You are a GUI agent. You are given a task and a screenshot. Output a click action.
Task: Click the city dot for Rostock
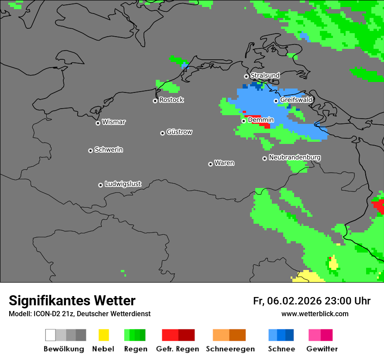coord(155,101)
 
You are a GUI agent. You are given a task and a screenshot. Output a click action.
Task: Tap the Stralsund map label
coord(265,75)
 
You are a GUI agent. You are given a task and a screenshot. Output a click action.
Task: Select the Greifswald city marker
coord(276,101)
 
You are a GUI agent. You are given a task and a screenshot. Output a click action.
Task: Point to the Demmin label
coord(261,120)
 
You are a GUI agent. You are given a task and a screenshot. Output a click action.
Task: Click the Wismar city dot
coord(98,123)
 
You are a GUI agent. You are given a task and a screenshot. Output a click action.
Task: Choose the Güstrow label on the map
coord(179,132)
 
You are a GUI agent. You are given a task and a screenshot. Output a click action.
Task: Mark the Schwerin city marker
coord(90,150)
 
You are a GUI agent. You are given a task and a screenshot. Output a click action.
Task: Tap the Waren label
coord(224,163)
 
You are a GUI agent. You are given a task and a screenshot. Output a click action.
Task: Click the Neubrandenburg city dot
coord(264,158)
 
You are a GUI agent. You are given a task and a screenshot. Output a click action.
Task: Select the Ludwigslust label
coord(123,184)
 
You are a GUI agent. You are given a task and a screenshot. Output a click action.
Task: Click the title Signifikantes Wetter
coord(72,301)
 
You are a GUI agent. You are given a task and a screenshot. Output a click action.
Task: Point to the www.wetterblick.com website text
coord(315,314)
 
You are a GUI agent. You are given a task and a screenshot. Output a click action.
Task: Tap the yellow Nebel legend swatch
coord(103,335)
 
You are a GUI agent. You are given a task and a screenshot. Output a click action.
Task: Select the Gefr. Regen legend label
coord(178,349)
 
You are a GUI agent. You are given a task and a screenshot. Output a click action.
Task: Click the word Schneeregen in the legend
coord(230,349)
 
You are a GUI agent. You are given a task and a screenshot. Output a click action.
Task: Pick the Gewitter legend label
coord(322,349)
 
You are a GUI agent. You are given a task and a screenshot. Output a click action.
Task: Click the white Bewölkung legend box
coord(50,335)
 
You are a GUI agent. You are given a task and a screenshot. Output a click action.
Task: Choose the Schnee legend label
coord(281,349)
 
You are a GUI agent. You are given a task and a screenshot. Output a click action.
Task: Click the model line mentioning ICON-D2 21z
coord(79,314)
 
